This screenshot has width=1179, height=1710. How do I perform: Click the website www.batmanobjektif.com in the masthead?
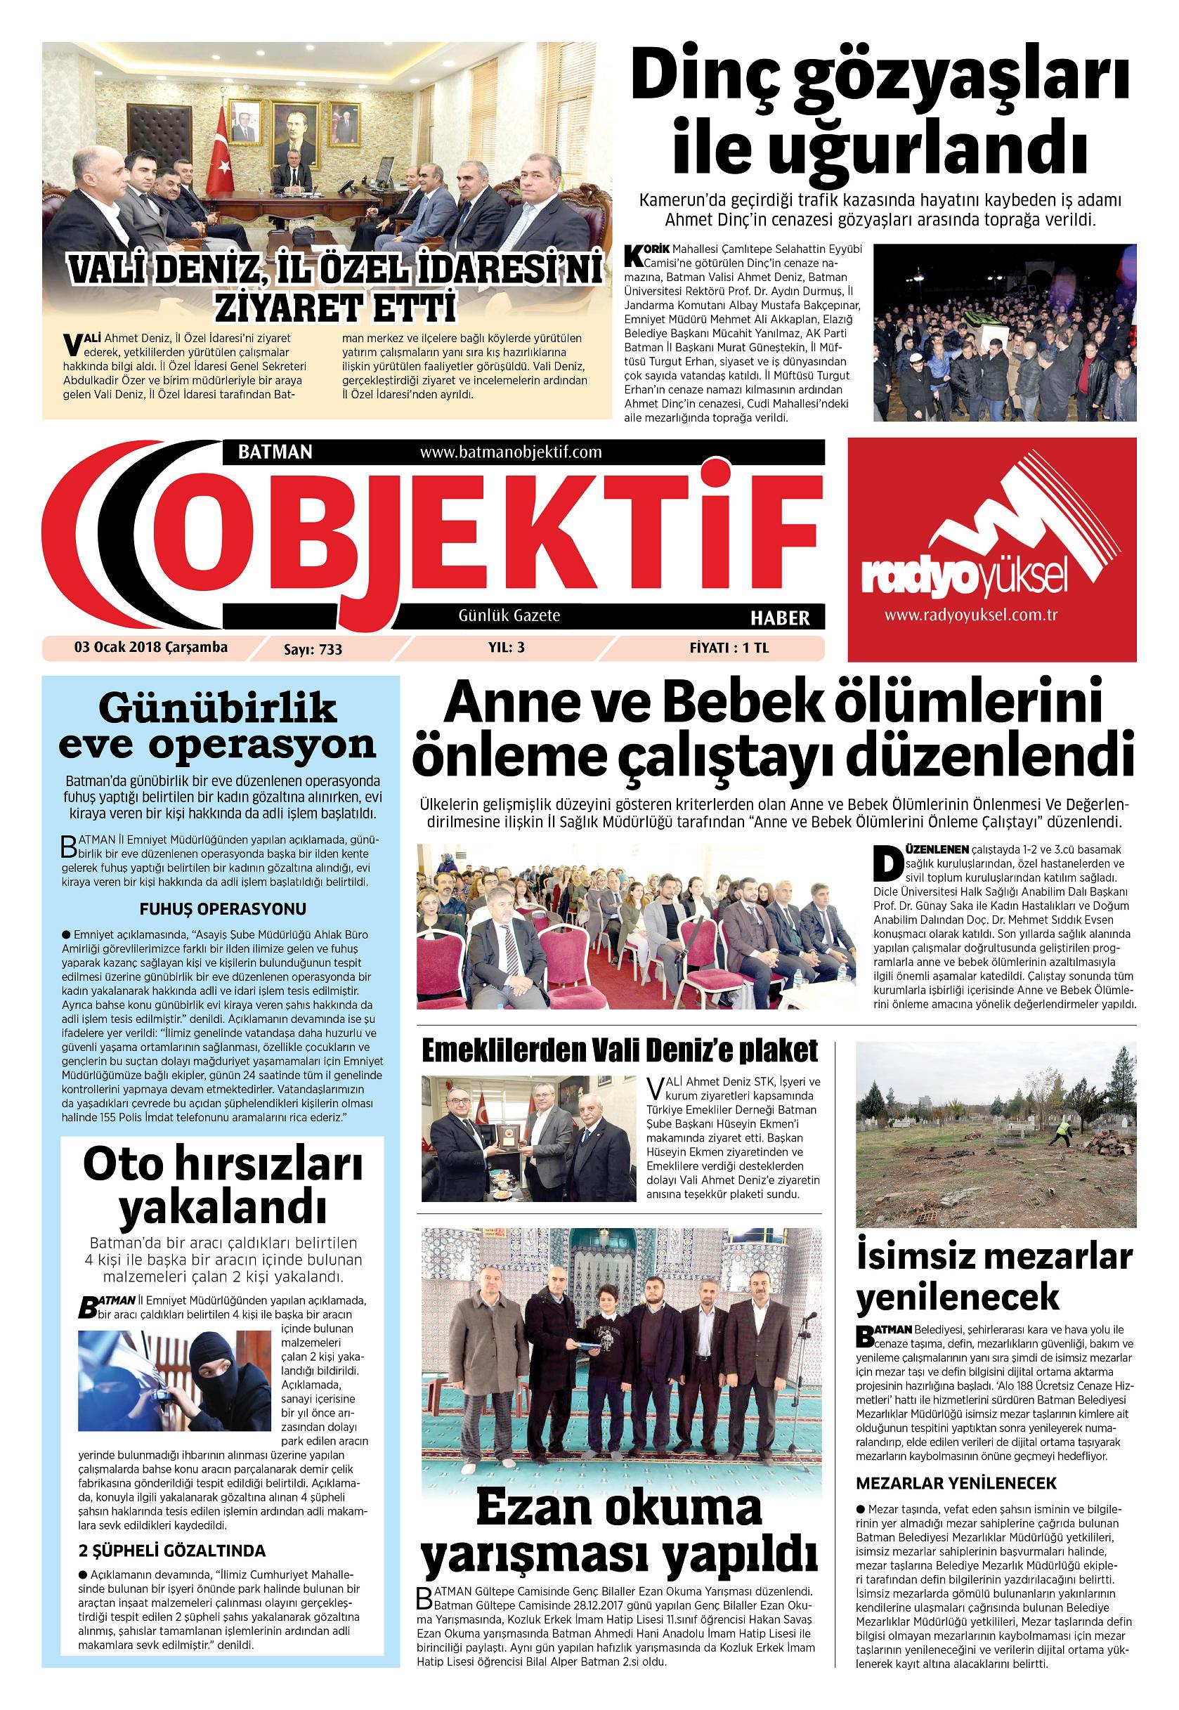511,451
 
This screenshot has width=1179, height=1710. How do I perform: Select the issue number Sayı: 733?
313,649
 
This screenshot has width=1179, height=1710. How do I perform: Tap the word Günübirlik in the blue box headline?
217,710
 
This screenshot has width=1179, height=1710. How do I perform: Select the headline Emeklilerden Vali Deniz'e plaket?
620,1050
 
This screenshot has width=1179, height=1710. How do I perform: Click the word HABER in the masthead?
780,617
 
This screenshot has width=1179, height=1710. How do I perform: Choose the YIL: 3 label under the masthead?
505,648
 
